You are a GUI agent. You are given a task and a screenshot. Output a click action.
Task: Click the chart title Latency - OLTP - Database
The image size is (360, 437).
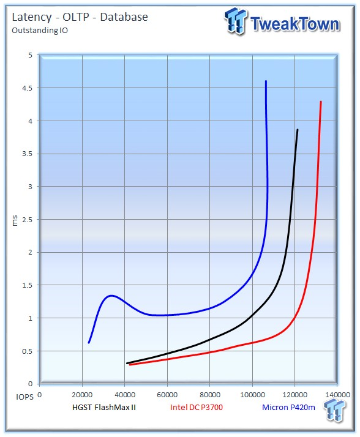[x=80, y=17]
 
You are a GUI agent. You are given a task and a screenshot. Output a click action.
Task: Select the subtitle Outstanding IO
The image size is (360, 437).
[x=40, y=31]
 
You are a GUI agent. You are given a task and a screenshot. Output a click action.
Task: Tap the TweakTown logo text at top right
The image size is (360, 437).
[x=294, y=24]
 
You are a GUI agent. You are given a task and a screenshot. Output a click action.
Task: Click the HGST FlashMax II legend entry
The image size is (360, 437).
[x=104, y=408]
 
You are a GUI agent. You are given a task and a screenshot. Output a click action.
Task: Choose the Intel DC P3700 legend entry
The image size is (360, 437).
[x=197, y=408]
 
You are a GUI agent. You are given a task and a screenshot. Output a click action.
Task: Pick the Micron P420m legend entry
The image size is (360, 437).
[x=288, y=408]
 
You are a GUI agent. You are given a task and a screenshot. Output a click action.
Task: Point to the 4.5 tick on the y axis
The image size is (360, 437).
[x=28, y=88]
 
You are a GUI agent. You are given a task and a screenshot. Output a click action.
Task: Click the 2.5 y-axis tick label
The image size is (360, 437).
[x=28, y=220]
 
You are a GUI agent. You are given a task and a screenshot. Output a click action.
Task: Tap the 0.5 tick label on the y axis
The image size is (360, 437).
[x=28, y=351]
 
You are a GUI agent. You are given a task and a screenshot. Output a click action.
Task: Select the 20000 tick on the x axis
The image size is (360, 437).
[x=82, y=395]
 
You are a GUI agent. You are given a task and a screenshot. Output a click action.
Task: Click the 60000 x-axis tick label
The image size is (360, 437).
[x=167, y=395]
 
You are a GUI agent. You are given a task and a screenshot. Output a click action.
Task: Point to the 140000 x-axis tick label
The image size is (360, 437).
[x=337, y=395]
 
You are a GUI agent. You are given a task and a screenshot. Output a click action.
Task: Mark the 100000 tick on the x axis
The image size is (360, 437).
[x=252, y=395]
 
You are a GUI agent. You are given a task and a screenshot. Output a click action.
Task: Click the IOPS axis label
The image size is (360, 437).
[x=24, y=397]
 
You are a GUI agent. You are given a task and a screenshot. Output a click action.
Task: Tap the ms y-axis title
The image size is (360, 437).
[x=15, y=220]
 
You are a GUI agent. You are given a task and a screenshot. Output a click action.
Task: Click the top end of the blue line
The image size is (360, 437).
[x=266, y=81]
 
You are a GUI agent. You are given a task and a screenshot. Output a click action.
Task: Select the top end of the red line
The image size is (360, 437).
[x=321, y=102]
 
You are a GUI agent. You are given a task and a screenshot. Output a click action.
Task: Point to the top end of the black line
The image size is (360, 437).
[x=298, y=130]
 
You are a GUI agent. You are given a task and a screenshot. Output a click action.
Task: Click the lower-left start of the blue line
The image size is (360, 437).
[x=89, y=343]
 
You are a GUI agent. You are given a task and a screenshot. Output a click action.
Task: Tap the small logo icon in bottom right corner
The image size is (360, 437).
[x=334, y=409]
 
